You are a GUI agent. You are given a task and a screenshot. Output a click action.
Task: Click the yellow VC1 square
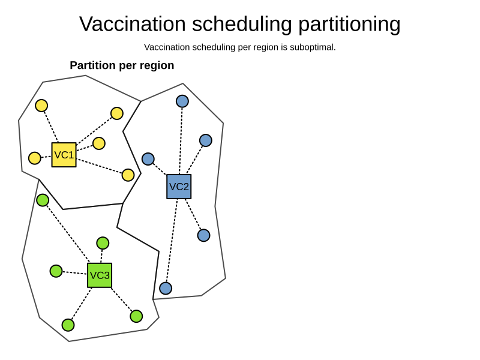click(x=64, y=155)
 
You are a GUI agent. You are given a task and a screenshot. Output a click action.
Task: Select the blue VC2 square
click(x=179, y=187)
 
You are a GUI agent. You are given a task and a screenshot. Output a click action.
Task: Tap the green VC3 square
click(x=100, y=275)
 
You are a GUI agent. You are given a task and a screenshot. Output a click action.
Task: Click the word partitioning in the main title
click(x=349, y=25)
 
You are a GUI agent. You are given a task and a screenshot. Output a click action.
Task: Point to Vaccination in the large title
click(x=133, y=24)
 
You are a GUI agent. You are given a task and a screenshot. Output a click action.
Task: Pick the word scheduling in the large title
click(x=242, y=25)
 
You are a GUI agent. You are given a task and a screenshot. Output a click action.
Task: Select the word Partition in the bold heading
click(x=93, y=65)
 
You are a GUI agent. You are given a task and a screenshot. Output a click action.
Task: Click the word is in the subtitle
click(x=284, y=47)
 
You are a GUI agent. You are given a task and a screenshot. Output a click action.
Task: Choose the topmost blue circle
click(x=182, y=101)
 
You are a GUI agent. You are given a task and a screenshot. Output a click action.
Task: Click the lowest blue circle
click(x=166, y=289)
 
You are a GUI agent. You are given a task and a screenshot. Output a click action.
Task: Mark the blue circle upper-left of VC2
click(x=148, y=159)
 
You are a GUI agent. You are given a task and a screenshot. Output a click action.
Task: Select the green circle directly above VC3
click(x=103, y=244)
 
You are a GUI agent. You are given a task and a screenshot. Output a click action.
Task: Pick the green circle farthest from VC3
click(x=43, y=200)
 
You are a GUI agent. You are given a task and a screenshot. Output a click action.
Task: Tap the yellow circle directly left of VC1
click(x=35, y=158)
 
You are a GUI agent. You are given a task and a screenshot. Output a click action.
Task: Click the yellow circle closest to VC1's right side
click(x=99, y=143)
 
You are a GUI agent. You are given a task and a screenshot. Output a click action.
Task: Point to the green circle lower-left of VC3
click(x=68, y=325)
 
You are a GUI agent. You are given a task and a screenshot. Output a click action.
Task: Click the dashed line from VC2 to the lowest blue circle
click(x=172, y=241)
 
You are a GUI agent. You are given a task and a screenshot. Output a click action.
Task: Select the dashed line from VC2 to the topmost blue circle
click(x=181, y=141)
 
